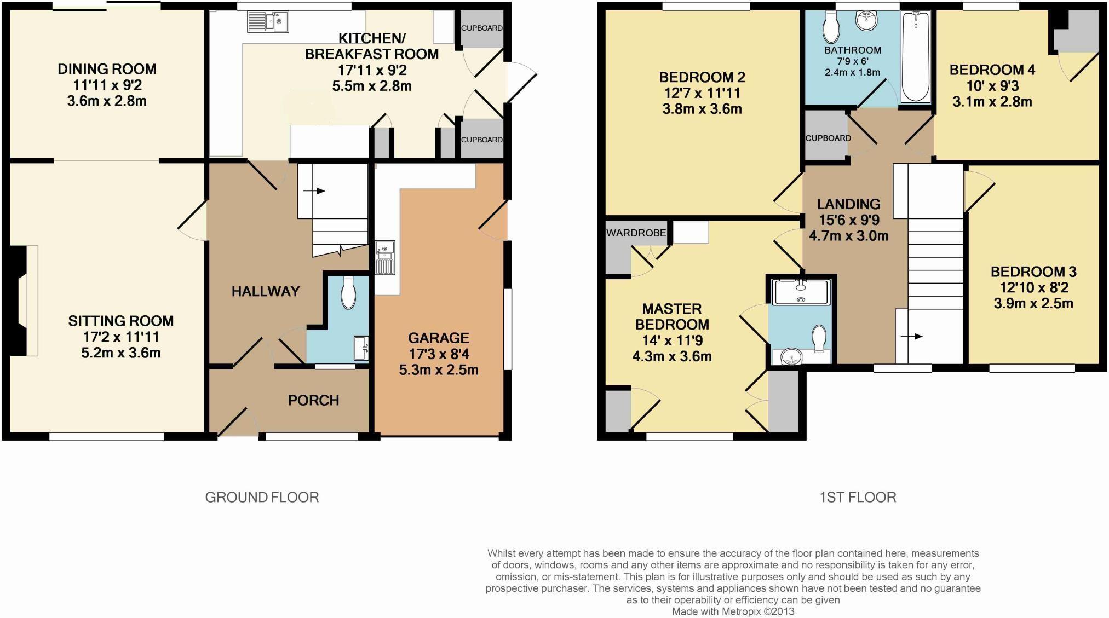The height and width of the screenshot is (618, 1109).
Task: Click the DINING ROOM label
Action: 107,69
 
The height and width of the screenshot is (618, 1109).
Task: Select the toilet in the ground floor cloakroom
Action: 348,293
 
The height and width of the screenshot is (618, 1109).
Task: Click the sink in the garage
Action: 385,257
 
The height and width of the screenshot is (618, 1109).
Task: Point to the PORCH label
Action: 313,400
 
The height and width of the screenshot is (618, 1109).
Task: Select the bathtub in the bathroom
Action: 915,57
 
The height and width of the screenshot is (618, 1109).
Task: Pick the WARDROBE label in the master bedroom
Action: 636,233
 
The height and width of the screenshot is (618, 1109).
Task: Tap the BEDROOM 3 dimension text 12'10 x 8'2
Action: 1034,287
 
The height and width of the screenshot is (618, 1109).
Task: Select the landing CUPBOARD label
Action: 828,138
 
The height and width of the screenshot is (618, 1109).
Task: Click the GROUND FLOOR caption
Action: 262,497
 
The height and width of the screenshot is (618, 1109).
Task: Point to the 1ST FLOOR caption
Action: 858,497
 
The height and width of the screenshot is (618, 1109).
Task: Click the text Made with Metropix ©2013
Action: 733,611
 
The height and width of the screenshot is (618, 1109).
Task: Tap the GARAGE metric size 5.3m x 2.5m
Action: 439,370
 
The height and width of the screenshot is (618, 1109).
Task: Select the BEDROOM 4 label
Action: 992,70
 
